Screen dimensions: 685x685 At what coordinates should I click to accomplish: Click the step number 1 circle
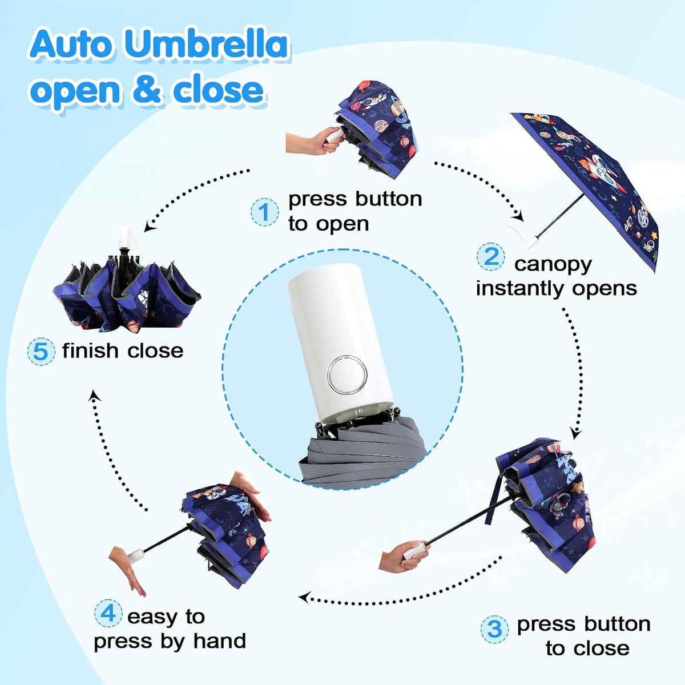(264, 212)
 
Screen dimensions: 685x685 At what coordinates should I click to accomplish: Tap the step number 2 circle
(490, 256)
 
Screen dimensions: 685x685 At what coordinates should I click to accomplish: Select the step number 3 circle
(494, 629)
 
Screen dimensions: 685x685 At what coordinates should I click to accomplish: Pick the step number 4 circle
(108, 613)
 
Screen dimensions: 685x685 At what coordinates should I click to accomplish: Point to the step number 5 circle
(41, 352)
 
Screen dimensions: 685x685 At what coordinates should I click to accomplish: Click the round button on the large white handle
(347, 374)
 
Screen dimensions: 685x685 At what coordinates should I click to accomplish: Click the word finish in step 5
(90, 350)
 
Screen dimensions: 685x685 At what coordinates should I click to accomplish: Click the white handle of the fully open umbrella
(530, 241)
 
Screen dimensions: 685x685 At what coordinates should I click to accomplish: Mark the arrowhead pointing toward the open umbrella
(519, 216)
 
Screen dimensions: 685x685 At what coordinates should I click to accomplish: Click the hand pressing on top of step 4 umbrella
(249, 494)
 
